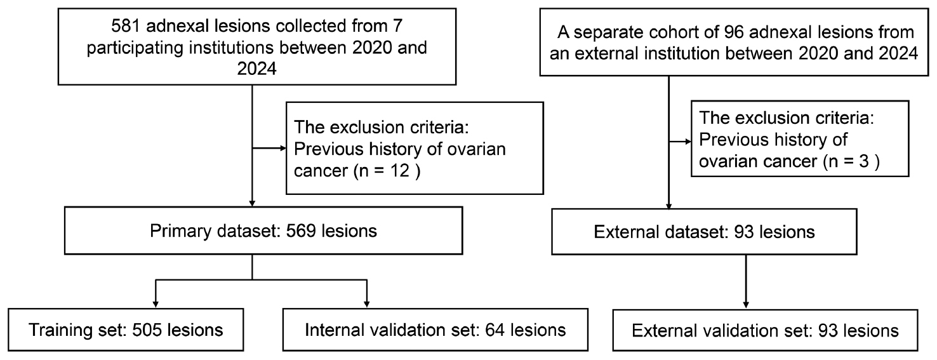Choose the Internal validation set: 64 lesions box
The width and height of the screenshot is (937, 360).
pos(435,331)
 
